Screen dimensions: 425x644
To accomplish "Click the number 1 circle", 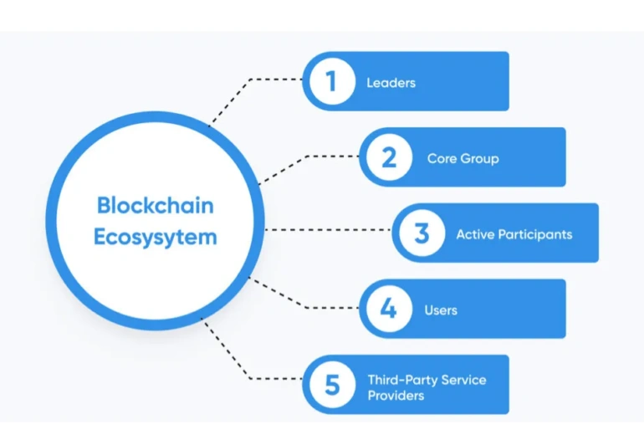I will [x=331, y=81].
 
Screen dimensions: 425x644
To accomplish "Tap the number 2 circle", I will [x=388, y=157].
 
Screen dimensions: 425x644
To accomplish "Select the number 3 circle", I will [x=422, y=233].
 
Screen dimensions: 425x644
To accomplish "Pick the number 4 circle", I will [x=388, y=310].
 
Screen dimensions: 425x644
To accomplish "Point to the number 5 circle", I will [x=331, y=386].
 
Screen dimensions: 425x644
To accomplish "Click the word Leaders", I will [x=391, y=83].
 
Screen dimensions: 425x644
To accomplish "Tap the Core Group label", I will [x=463, y=158].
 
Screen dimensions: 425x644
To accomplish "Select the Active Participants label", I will [x=514, y=234].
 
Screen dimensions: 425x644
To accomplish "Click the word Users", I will [x=441, y=310].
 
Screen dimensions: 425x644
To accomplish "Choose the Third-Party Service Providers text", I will [x=427, y=387].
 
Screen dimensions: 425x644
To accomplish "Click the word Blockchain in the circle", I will [x=155, y=205].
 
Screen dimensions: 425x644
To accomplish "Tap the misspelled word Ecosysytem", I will [x=155, y=237].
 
